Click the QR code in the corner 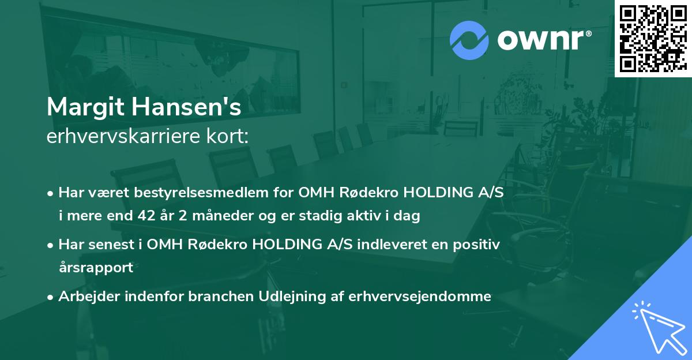653,38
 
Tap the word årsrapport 96,267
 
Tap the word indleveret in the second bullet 386,244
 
